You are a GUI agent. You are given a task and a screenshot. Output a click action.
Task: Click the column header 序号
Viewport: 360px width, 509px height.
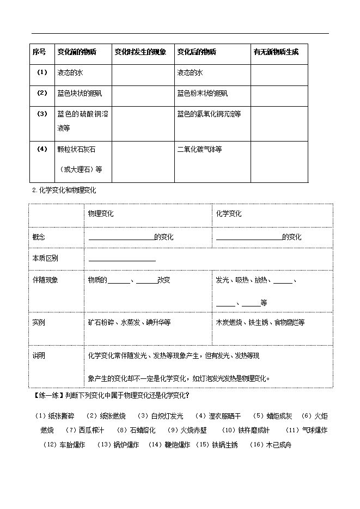39,52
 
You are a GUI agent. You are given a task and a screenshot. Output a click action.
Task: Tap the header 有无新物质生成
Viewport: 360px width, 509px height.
276,52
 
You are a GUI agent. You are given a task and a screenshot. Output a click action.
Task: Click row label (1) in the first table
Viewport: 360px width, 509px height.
42,72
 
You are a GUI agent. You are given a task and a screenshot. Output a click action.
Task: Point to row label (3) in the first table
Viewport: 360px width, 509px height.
42,114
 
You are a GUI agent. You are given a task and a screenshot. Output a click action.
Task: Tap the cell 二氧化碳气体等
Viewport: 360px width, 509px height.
199,149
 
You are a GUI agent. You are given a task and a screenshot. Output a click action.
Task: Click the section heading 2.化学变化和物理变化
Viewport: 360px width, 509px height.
64,191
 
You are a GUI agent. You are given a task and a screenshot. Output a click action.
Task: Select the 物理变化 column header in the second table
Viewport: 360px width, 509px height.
101,214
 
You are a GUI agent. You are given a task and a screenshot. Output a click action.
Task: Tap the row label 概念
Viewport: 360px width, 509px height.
39,237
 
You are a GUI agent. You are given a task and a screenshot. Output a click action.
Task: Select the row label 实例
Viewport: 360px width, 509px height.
39,322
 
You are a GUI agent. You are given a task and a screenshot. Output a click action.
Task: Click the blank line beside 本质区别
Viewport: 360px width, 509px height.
122,259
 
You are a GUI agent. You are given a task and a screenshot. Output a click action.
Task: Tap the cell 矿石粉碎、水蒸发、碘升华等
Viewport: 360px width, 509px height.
129,322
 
